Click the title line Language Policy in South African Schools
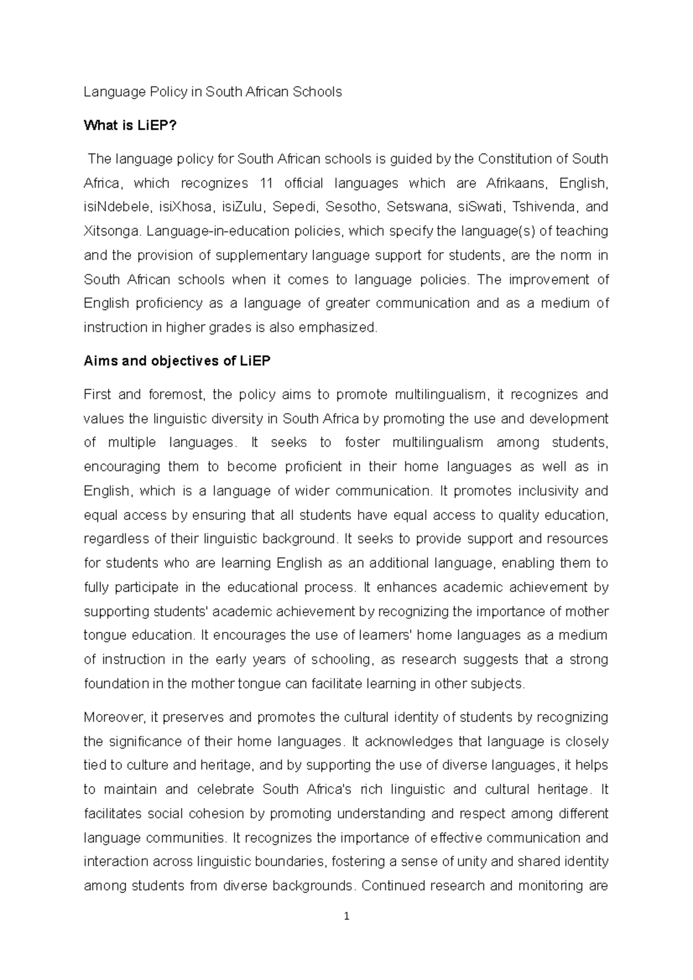pyautogui.click(x=213, y=92)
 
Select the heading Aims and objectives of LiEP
pyautogui.click(x=177, y=361)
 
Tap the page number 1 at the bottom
pyautogui.click(x=346, y=917)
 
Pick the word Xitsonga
pyautogui.click(x=112, y=231)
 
